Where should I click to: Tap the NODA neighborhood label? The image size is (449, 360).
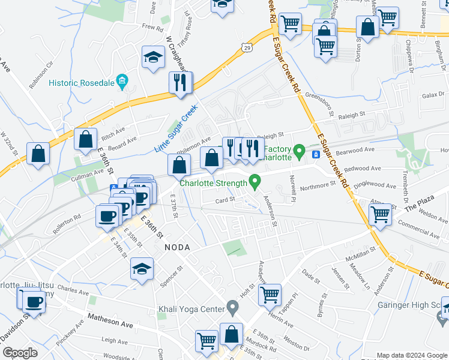pyautogui.click(x=176, y=247)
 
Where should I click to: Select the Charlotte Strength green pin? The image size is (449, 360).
pyautogui.click(x=255, y=180)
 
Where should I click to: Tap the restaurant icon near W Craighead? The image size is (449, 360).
pyautogui.click(x=181, y=83)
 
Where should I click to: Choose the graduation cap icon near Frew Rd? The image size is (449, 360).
pyautogui.click(x=153, y=58)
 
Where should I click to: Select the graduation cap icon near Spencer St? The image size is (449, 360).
pyautogui.click(x=142, y=270)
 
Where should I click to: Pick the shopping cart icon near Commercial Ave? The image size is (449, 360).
pyautogui.click(x=381, y=215)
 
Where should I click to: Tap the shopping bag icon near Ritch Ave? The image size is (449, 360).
pyautogui.click(x=86, y=140)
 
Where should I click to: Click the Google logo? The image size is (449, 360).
pyautogui.click(x=20, y=353)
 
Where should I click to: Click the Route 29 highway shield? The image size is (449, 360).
pyautogui.click(x=247, y=47)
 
